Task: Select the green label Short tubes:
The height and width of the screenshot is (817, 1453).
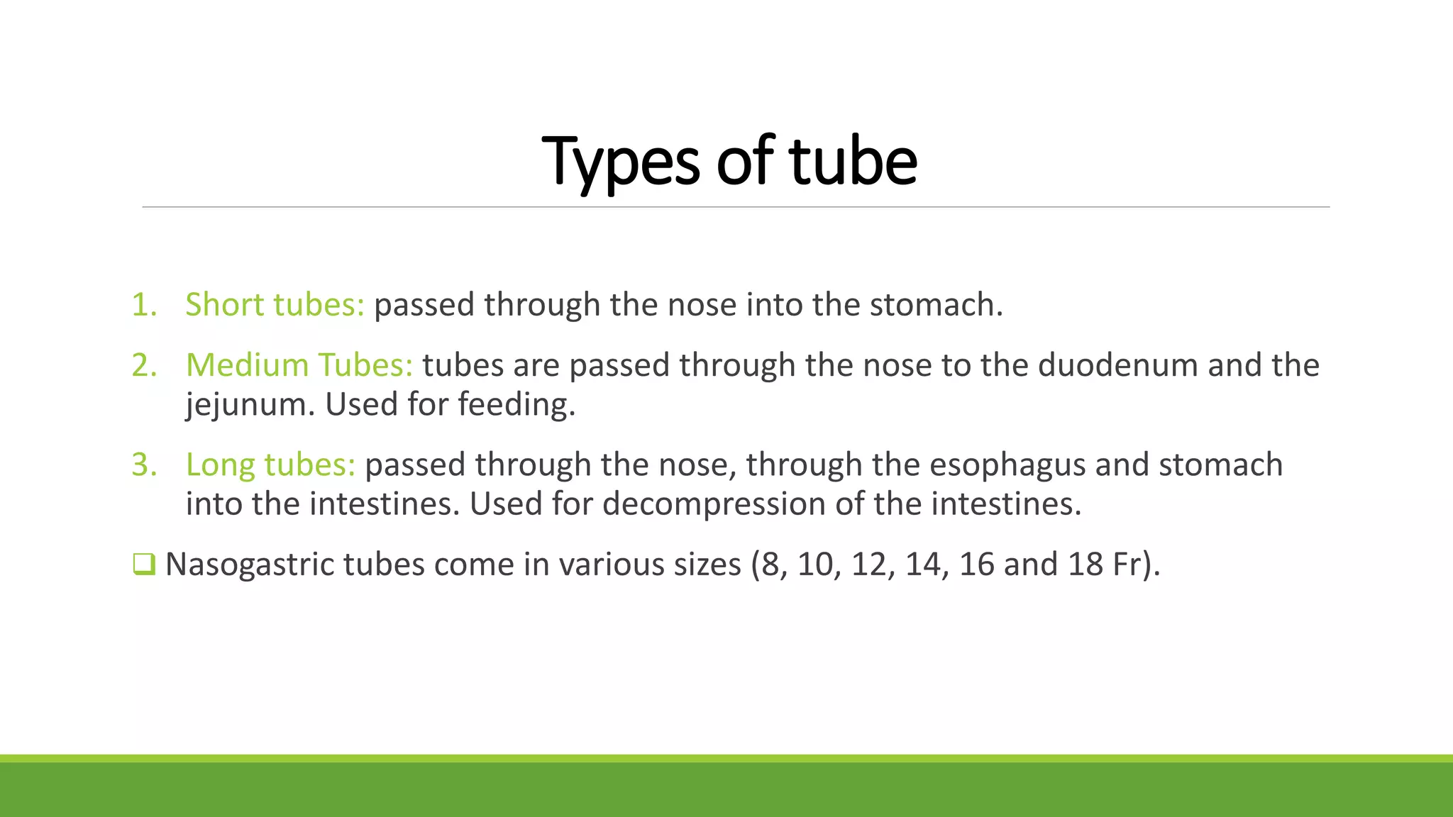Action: click(275, 304)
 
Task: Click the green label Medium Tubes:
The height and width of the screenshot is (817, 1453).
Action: click(299, 365)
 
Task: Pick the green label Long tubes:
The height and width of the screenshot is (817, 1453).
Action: click(270, 465)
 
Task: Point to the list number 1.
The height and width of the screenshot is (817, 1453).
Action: click(144, 304)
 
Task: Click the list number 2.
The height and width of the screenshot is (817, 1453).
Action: click(144, 365)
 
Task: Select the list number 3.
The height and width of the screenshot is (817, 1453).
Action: click(144, 465)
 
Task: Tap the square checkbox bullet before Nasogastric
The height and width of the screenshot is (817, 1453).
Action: click(143, 565)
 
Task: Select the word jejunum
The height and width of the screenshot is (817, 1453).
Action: click(250, 404)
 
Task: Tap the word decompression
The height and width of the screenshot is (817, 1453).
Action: click(714, 504)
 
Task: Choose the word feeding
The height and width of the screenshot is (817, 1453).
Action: click(516, 404)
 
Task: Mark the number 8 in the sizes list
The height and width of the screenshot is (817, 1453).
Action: click(770, 565)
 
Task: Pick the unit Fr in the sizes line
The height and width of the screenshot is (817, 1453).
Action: click(1127, 565)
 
